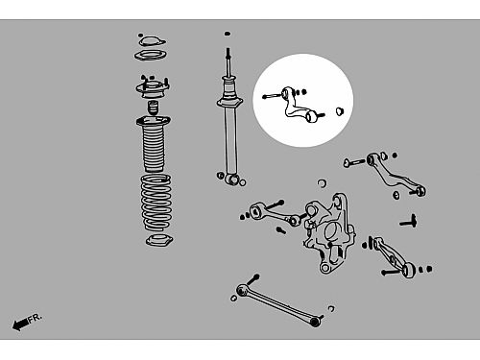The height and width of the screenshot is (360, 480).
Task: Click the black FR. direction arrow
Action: click(x=20, y=324)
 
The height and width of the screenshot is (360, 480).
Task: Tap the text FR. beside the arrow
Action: click(x=35, y=318)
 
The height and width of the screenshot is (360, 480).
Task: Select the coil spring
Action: click(x=156, y=203)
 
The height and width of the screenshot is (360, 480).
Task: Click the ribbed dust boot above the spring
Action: click(x=154, y=145)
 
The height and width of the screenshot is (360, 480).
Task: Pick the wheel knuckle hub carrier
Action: click(x=329, y=232)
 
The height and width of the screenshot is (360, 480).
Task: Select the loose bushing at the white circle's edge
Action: click(x=340, y=111)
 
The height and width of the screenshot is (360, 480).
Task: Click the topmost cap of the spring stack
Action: click(x=152, y=41)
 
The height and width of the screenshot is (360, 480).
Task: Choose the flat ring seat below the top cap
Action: click(x=151, y=56)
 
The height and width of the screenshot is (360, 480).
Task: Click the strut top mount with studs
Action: click(x=153, y=87)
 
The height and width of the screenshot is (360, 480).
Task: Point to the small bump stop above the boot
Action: click(x=153, y=108)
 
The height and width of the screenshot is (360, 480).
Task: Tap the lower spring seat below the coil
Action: click(x=159, y=240)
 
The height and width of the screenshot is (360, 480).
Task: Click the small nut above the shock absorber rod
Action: click(x=228, y=34)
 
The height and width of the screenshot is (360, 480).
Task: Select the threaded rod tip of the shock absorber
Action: click(x=228, y=54)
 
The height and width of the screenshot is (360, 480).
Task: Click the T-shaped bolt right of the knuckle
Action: click(x=409, y=222)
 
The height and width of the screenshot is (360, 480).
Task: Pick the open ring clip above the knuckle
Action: click(x=323, y=183)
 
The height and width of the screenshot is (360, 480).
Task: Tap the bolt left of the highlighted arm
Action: click(x=272, y=95)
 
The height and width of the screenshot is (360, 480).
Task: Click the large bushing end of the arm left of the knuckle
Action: click(x=256, y=211)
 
